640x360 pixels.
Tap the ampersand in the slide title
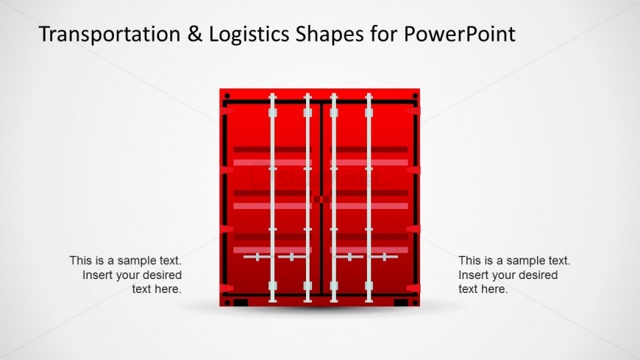[x=191, y=34]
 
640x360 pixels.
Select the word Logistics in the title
[x=243, y=34]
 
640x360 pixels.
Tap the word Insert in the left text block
[x=97, y=275]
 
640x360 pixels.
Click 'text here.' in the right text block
[x=483, y=289]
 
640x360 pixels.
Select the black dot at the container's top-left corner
[x=227, y=96]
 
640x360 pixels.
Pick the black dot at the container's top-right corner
[x=415, y=96]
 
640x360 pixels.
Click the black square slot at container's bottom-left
[x=240, y=303]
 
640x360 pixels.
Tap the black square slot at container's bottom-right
[x=401, y=303]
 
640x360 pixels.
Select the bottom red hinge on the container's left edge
[x=226, y=288]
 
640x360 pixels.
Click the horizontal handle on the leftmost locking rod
[x=257, y=257]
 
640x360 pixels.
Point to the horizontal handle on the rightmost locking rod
[x=384, y=257]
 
